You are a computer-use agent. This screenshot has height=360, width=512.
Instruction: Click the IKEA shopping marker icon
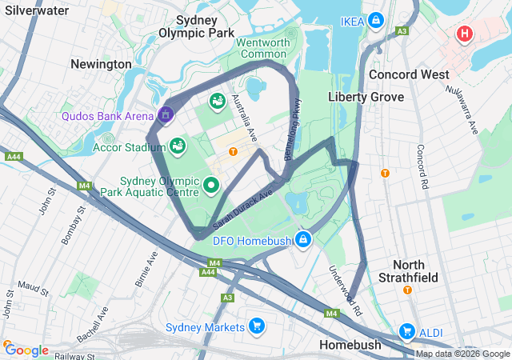[376, 20]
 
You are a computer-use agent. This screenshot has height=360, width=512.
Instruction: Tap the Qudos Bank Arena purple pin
[166, 115]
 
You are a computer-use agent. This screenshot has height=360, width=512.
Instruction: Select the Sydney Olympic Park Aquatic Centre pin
[211, 186]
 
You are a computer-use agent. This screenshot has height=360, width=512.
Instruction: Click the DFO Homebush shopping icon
[303, 239]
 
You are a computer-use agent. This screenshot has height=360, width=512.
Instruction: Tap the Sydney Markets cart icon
[256, 326]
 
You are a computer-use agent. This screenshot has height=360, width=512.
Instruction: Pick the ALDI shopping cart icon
[406, 331]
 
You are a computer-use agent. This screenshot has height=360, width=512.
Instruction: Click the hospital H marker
[464, 34]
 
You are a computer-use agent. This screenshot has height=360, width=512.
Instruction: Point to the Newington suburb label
[101, 64]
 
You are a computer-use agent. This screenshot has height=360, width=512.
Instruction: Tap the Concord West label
[409, 74]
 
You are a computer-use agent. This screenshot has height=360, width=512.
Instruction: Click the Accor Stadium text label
[124, 146]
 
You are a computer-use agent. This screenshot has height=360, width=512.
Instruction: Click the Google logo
[26, 350]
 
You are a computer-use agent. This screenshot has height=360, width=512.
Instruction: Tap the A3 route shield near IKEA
[402, 30]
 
